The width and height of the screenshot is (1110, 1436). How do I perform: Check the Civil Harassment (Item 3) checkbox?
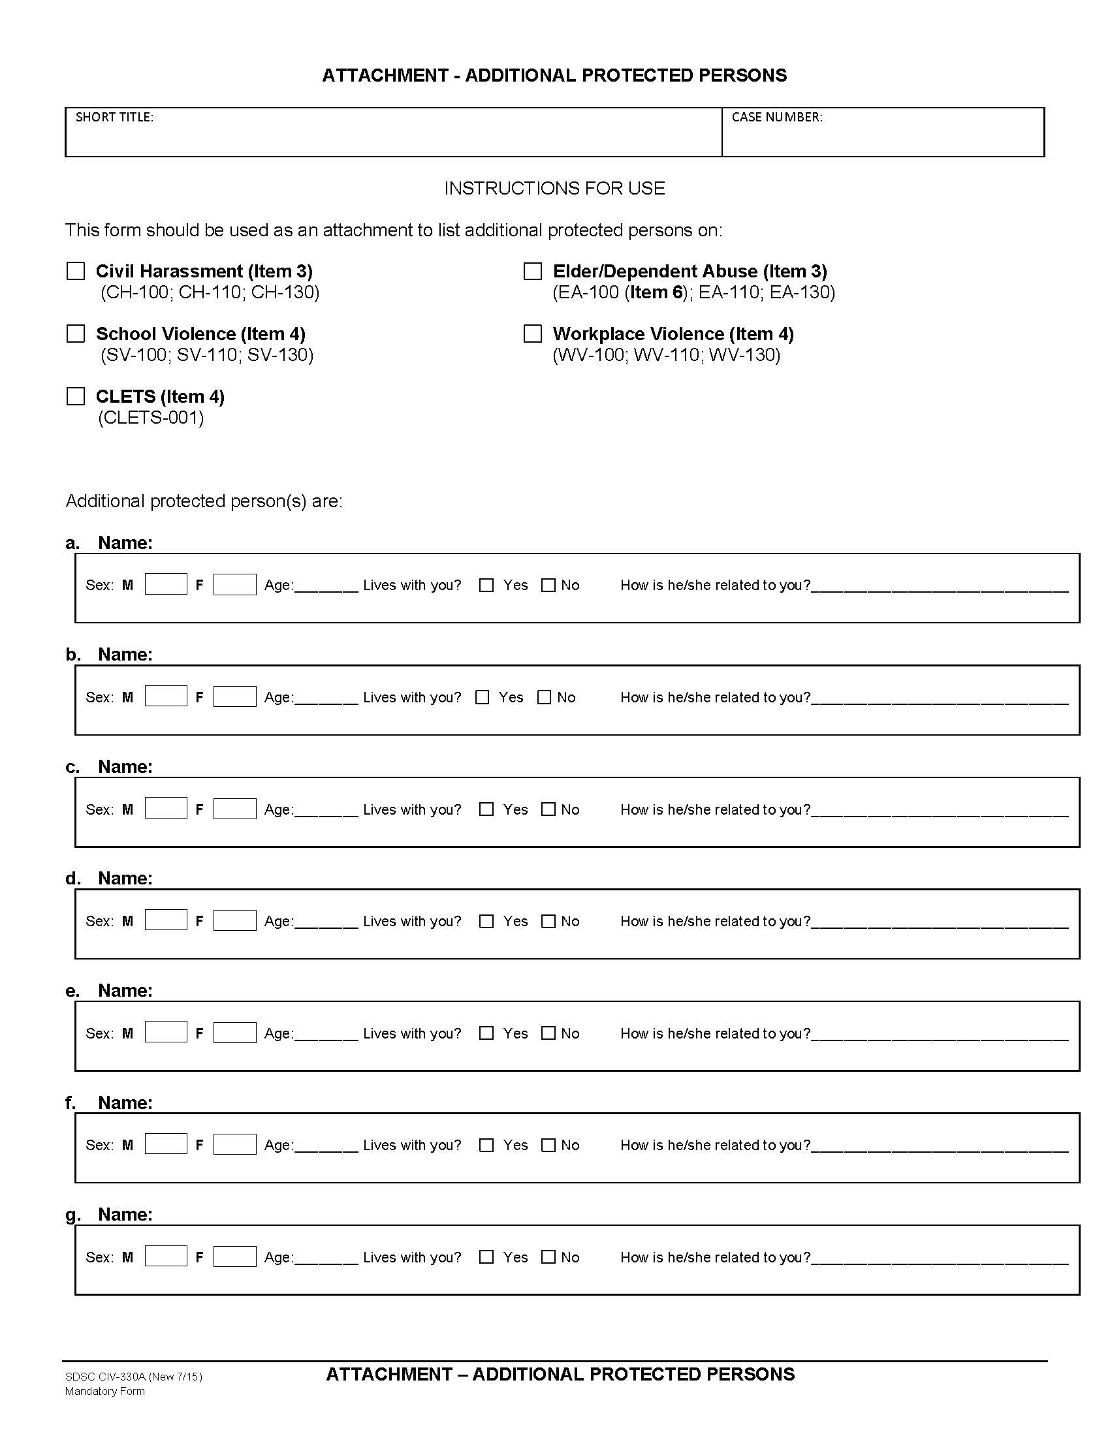[76, 271]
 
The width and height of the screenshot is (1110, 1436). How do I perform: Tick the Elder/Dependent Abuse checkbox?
[532, 271]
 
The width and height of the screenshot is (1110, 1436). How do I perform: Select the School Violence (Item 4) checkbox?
[76, 334]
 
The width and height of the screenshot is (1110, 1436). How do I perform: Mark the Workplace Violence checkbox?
[532, 334]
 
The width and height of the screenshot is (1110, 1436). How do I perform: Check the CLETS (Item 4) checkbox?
[76, 396]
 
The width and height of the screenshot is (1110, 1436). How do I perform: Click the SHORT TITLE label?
[114, 117]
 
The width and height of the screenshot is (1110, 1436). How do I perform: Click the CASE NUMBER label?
[776, 117]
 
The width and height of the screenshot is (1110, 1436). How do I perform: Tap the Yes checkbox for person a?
[486, 585]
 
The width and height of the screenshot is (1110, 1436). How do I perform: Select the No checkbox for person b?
[544, 697]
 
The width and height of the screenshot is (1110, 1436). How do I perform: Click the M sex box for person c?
[166, 809]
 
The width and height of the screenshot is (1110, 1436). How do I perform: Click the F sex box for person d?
[235, 920]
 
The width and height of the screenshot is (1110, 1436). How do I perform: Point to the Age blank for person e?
[326, 1033]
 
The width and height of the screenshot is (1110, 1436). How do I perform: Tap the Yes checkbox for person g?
[486, 1256]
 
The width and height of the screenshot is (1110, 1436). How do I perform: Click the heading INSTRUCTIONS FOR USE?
[554, 189]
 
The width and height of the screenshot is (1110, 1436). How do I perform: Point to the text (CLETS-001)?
[151, 418]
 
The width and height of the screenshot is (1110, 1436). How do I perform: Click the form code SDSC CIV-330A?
[105, 1376]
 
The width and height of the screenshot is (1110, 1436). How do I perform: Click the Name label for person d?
[125, 879]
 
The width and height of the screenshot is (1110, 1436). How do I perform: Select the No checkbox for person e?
[548, 1033]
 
